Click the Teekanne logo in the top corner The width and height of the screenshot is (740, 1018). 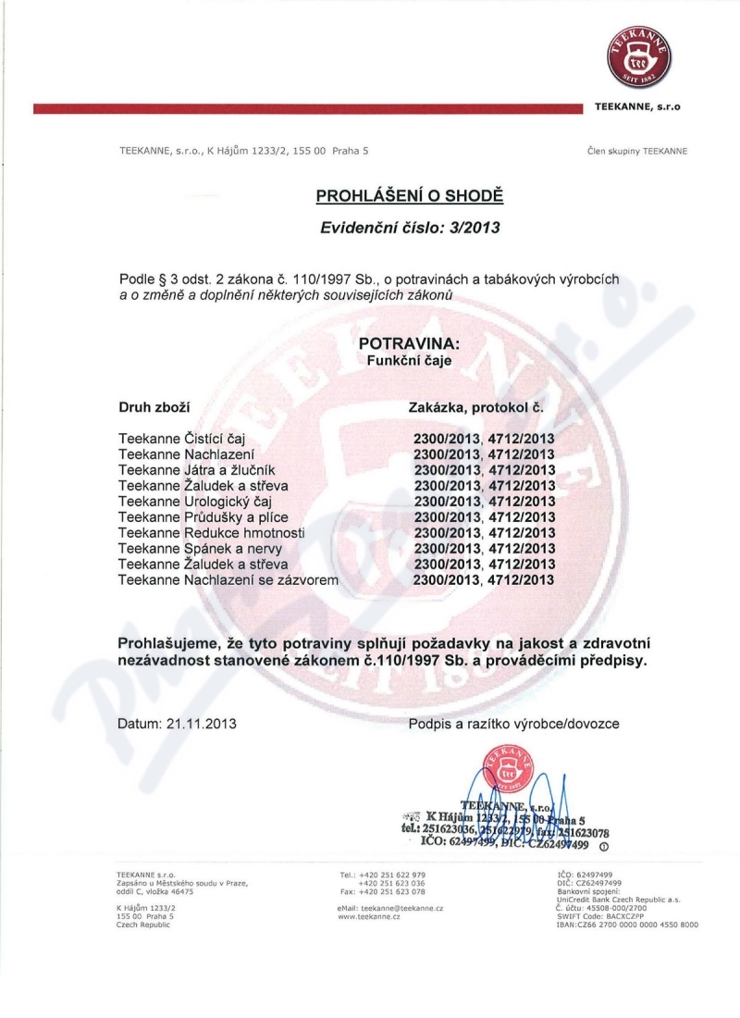pos(640,55)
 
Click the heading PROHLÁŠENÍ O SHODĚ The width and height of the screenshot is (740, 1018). pos(409,196)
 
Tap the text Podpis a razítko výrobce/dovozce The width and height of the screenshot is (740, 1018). pos(513,724)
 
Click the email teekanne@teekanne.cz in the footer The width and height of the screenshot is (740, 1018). pos(391,910)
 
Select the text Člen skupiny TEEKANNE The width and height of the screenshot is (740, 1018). pos(637,151)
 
